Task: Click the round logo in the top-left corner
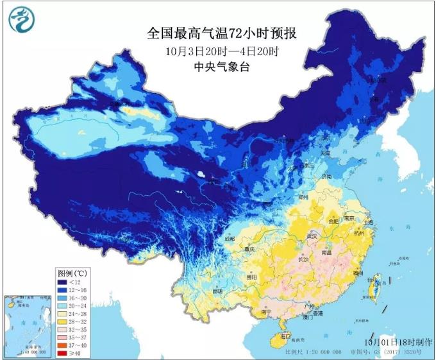[21, 20]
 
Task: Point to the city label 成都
[230, 239]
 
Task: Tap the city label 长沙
[303, 259]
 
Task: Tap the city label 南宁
[268, 312]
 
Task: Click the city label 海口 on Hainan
[286, 336]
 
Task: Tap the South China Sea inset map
[27, 325]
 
